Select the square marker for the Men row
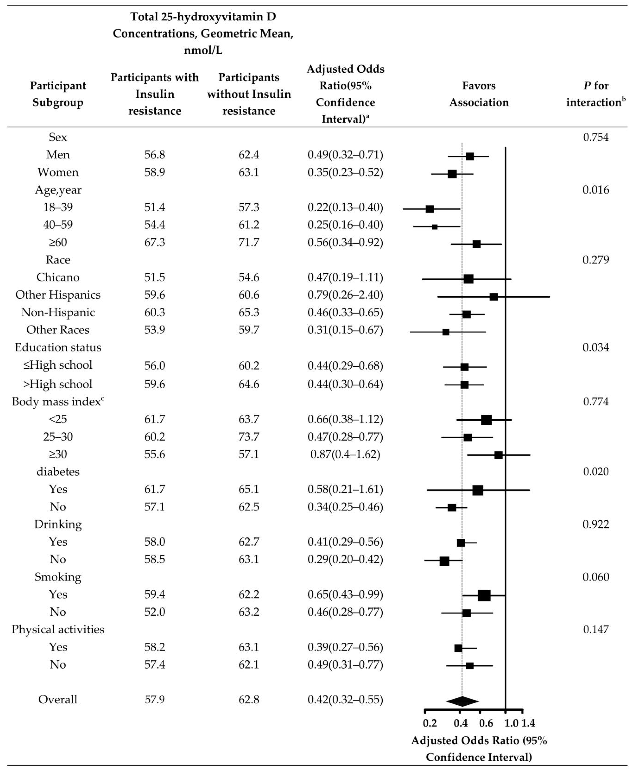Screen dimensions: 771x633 click(470, 156)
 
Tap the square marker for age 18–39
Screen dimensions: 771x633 click(429, 209)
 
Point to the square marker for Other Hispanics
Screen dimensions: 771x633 click(493, 297)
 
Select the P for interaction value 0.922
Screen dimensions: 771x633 click(595, 524)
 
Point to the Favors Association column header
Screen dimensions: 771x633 click(479, 94)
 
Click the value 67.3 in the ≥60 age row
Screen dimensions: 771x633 click(155, 242)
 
